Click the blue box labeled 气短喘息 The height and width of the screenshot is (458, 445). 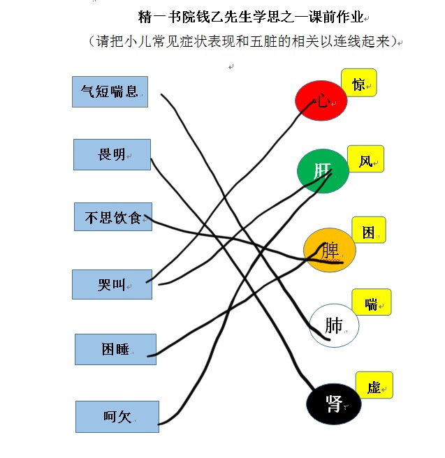point(110,91)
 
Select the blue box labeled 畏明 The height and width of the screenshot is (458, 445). point(112,154)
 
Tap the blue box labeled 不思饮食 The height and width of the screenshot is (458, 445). point(113,216)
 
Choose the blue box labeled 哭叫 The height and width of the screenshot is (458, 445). point(112,284)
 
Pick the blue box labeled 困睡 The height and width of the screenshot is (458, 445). point(115,349)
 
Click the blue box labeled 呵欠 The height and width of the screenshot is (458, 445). point(117,417)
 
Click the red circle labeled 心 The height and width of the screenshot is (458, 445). point(321,101)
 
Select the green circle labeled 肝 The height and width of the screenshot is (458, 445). point(323,171)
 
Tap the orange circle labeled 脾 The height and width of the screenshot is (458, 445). point(330,250)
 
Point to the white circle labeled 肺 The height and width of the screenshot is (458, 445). point(334,325)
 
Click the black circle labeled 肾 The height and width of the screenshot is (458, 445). point(334,404)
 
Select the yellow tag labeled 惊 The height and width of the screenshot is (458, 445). point(359,82)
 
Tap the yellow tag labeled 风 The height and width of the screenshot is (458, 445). point(365,158)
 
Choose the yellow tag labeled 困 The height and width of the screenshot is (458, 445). point(369,230)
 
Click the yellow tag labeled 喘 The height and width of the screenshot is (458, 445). point(372,302)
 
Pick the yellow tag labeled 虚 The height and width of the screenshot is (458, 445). point(374,385)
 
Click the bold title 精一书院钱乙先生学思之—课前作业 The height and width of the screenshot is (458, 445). point(251,17)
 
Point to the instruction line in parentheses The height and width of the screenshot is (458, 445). point(244,41)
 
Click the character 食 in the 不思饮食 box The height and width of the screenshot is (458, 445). point(135,218)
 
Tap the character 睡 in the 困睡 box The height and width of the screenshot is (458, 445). point(122,349)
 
